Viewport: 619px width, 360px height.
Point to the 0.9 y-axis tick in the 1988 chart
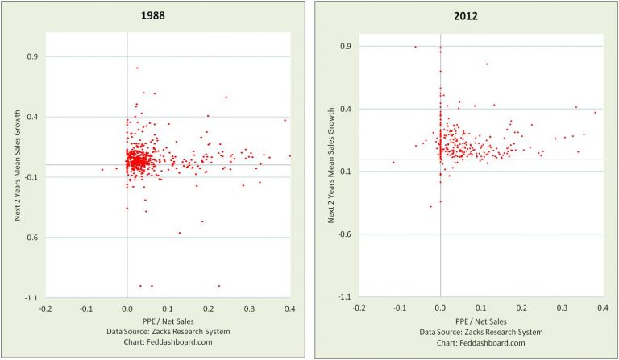click(33, 56)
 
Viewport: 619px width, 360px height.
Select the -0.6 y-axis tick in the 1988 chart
click(31, 238)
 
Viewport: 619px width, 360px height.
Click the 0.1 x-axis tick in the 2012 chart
click(481, 309)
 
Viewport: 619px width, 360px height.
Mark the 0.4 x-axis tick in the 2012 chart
click(604, 309)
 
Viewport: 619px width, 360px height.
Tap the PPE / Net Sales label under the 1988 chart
click(168, 320)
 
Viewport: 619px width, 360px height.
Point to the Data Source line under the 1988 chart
click(168, 331)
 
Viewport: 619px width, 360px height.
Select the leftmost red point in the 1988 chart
click(102, 169)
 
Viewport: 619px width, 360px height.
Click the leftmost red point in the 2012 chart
click(393, 162)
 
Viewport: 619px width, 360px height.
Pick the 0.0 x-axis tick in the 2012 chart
click(440, 309)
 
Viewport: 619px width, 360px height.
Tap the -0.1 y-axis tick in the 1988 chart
click(31, 177)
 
